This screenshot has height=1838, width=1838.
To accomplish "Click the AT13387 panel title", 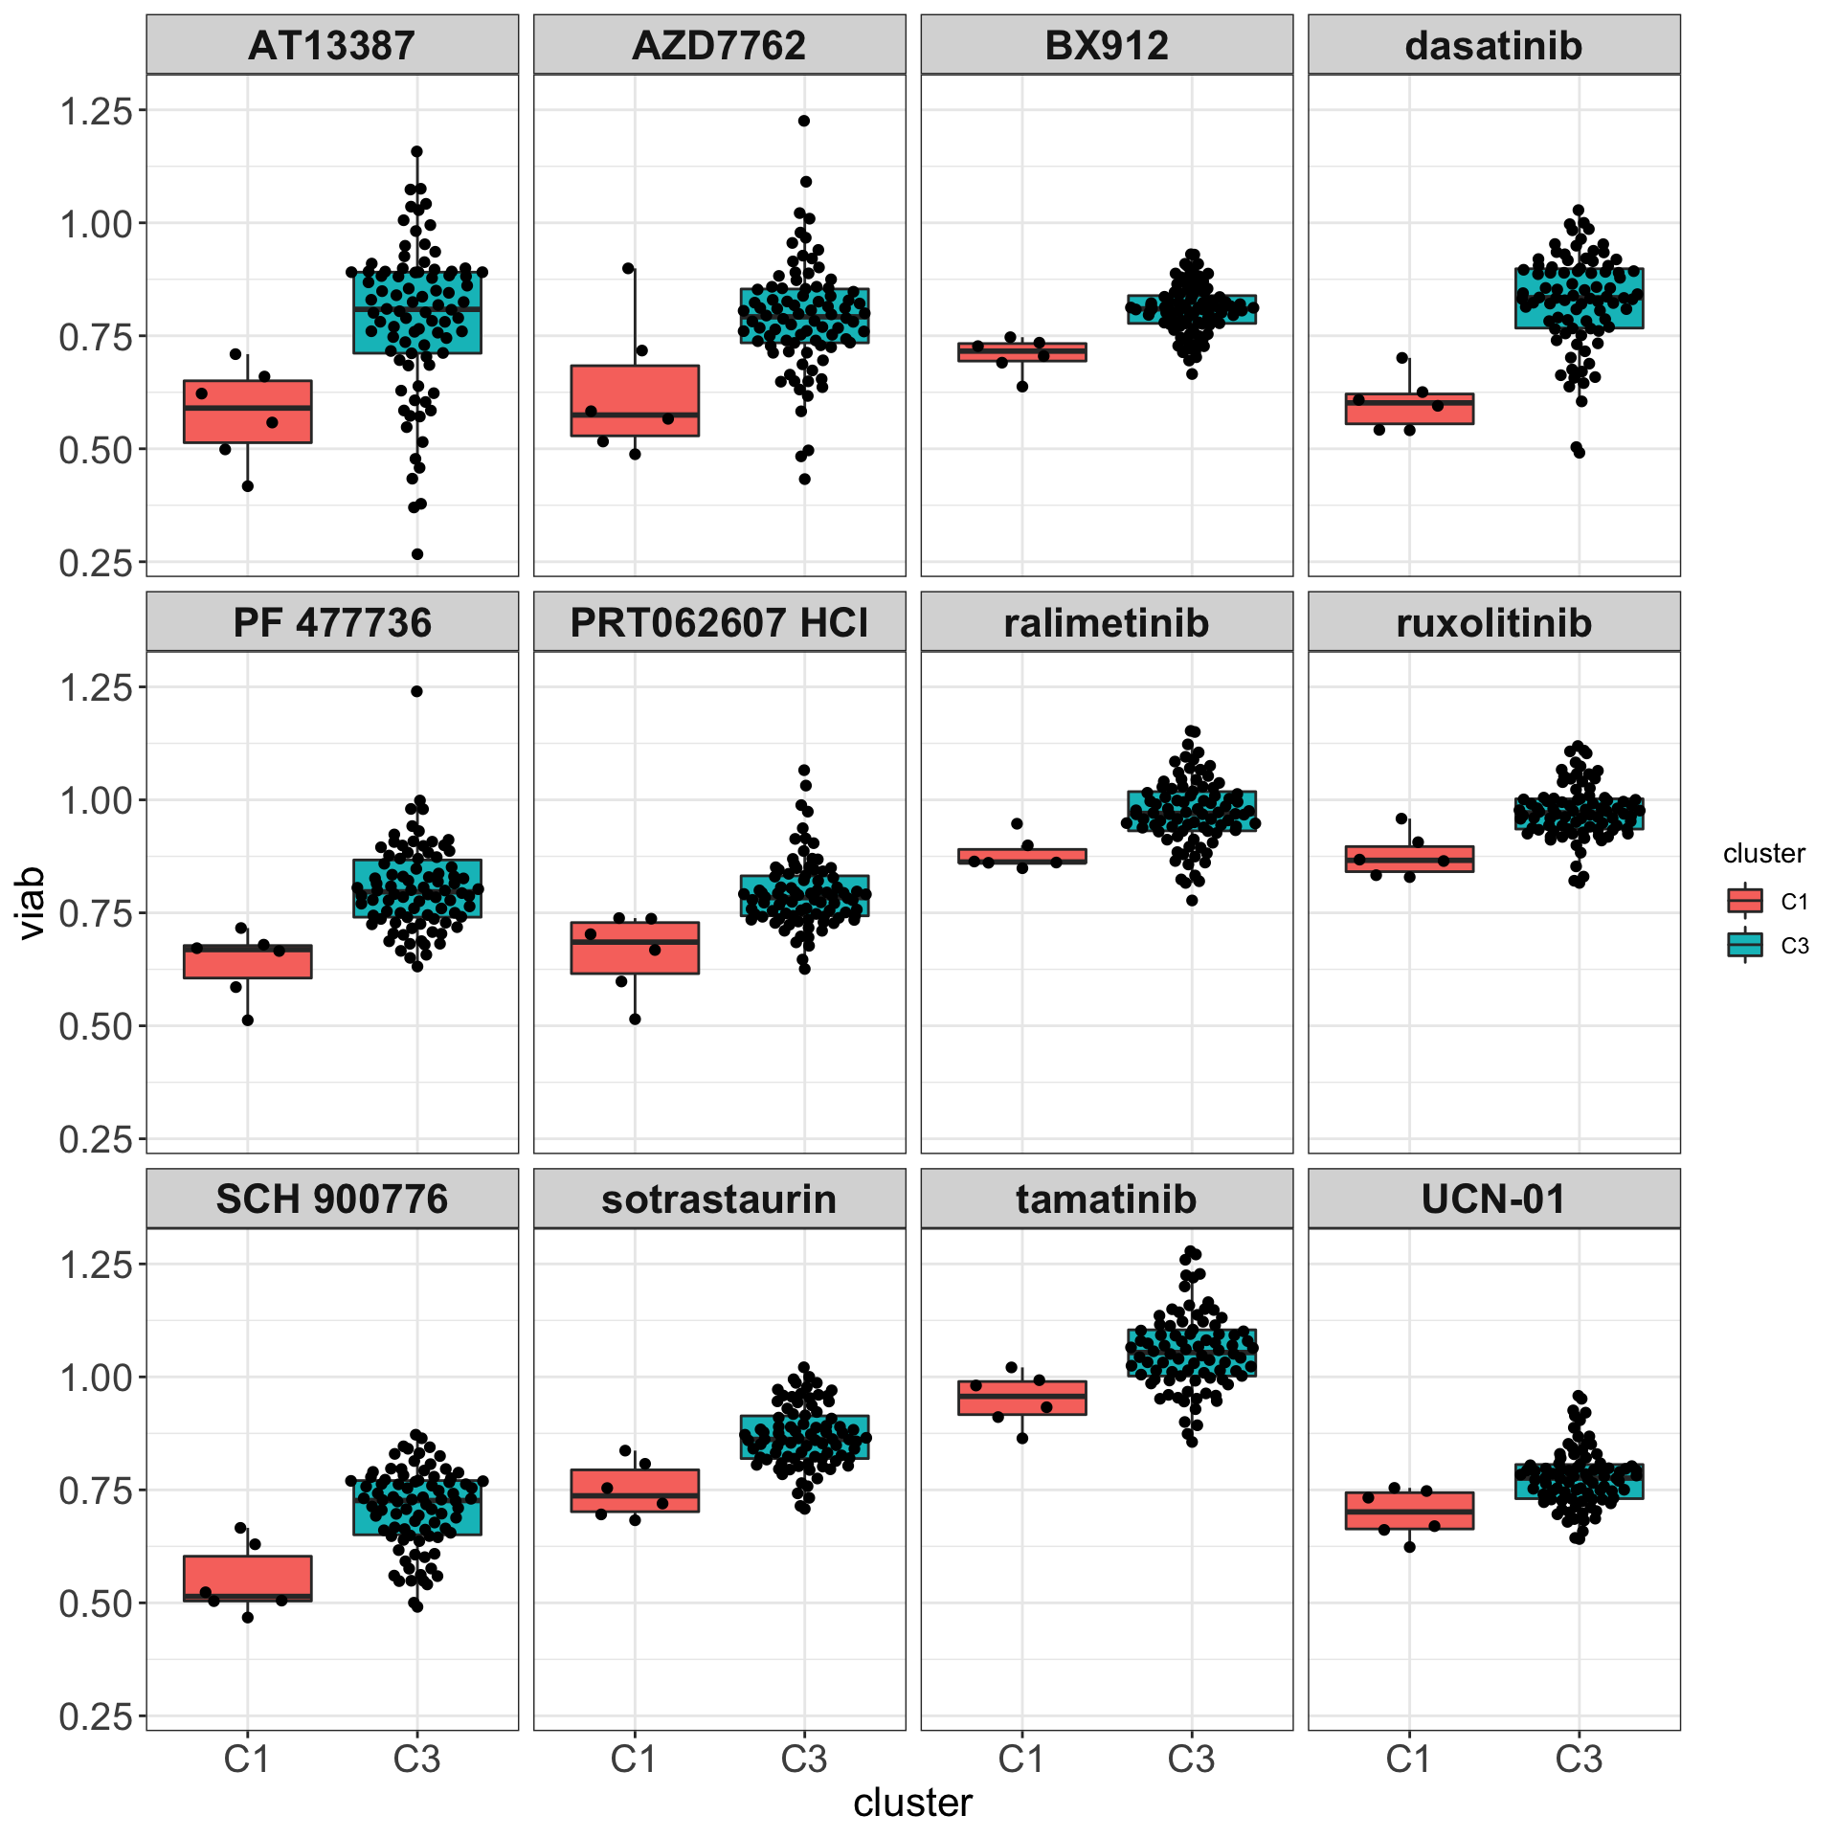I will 331,46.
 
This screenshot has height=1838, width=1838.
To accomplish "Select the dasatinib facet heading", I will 1493,46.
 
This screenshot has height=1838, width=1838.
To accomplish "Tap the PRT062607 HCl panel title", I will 719,623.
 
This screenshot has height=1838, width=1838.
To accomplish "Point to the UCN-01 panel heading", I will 1493,1199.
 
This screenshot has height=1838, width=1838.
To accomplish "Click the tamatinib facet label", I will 1106,1199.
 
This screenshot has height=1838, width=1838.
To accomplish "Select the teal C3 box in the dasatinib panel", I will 1580,298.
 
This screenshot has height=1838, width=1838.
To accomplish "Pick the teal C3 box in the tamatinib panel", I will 1192,1353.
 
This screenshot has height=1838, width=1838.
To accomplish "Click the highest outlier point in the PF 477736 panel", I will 417,691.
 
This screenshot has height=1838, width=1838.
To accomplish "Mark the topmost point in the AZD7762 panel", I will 804,121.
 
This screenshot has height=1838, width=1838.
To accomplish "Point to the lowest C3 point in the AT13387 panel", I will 417,554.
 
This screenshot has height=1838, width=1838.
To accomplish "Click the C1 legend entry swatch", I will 1744,901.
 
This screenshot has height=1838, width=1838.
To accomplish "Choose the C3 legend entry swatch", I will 1744,946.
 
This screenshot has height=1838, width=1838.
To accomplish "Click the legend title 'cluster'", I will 1763,854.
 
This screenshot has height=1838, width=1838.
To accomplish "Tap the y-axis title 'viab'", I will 33,903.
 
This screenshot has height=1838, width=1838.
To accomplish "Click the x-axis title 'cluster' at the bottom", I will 912,1804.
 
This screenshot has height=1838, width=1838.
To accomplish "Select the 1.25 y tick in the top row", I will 96,112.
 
